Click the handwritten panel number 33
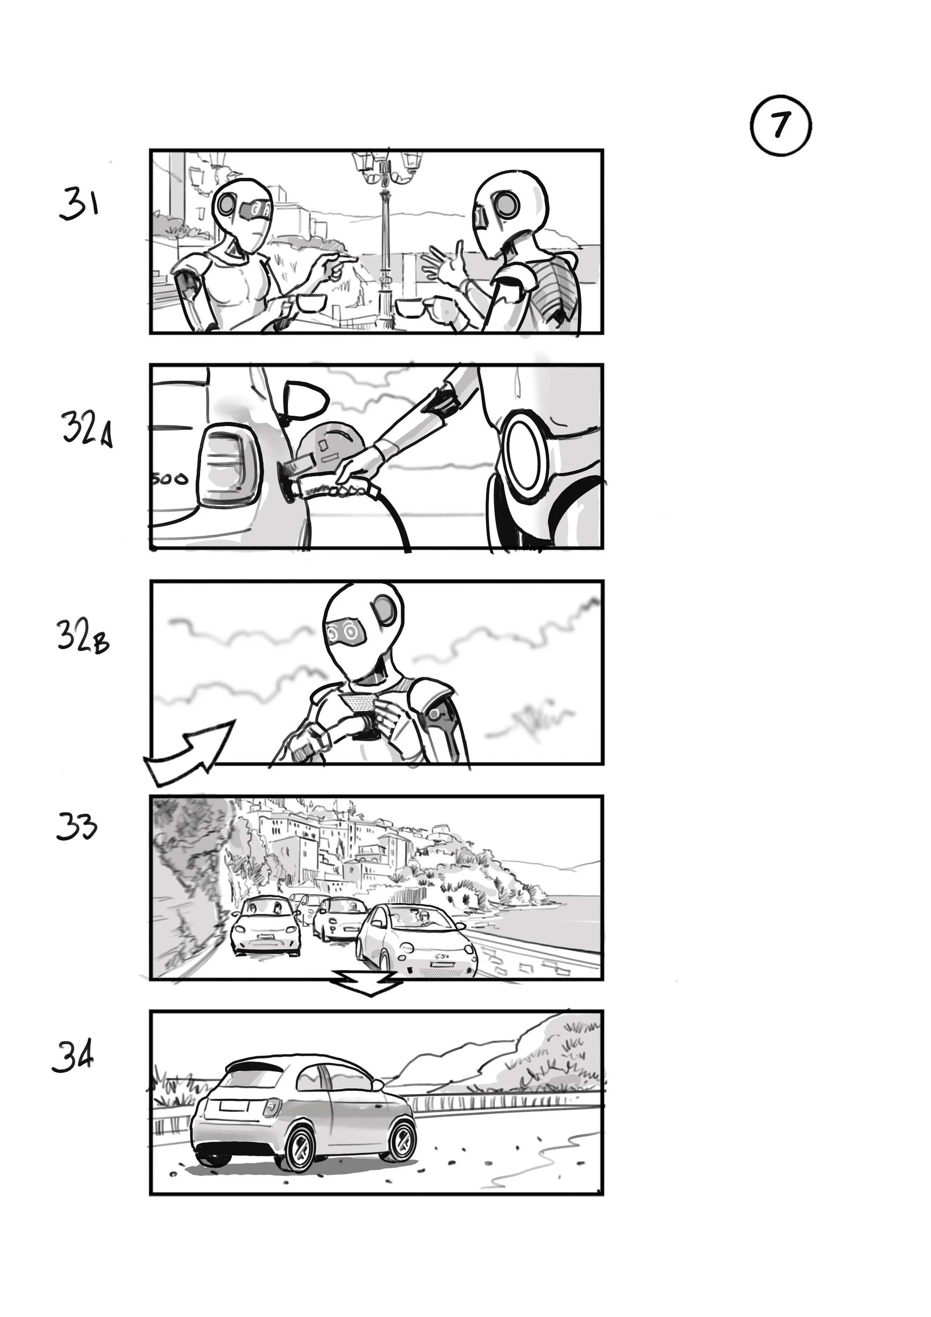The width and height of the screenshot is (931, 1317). [x=77, y=827]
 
